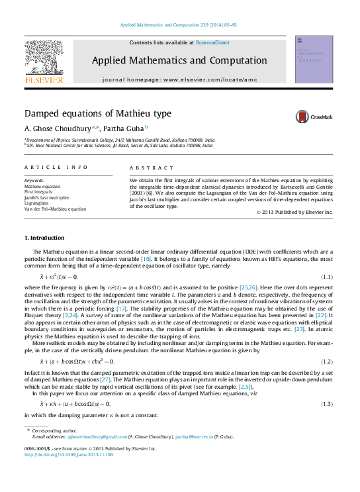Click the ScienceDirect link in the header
(213, 42)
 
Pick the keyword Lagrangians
(37, 203)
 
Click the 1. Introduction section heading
(44, 237)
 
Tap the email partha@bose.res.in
(193, 437)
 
